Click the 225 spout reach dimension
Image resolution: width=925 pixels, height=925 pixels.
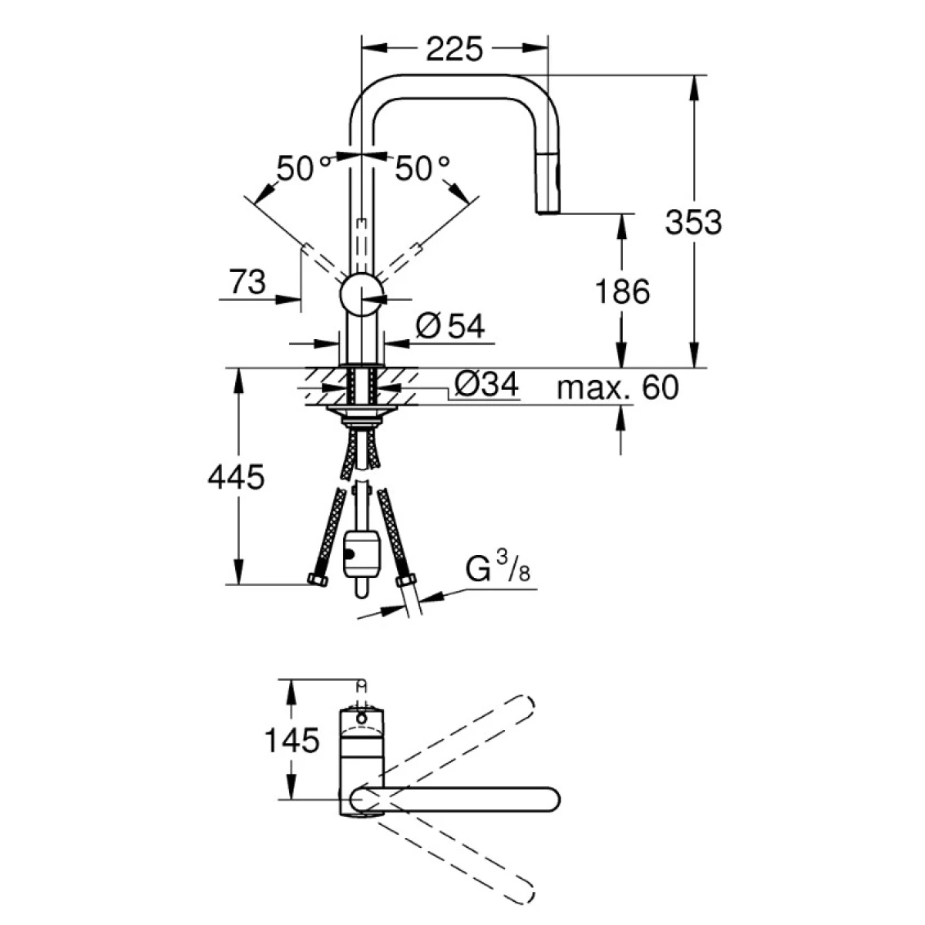point(453,49)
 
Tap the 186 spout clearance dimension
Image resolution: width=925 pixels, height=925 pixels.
point(622,291)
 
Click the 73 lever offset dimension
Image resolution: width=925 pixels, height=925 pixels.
point(247,282)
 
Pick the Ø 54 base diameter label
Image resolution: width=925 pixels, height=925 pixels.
point(450,326)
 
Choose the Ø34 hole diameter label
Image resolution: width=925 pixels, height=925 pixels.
point(486,384)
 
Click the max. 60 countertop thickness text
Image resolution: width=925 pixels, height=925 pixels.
point(617,388)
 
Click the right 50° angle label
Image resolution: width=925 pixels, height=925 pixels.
point(422,168)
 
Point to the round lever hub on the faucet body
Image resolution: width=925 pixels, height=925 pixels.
point(362,294)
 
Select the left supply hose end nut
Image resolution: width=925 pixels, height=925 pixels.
point(318,580)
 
